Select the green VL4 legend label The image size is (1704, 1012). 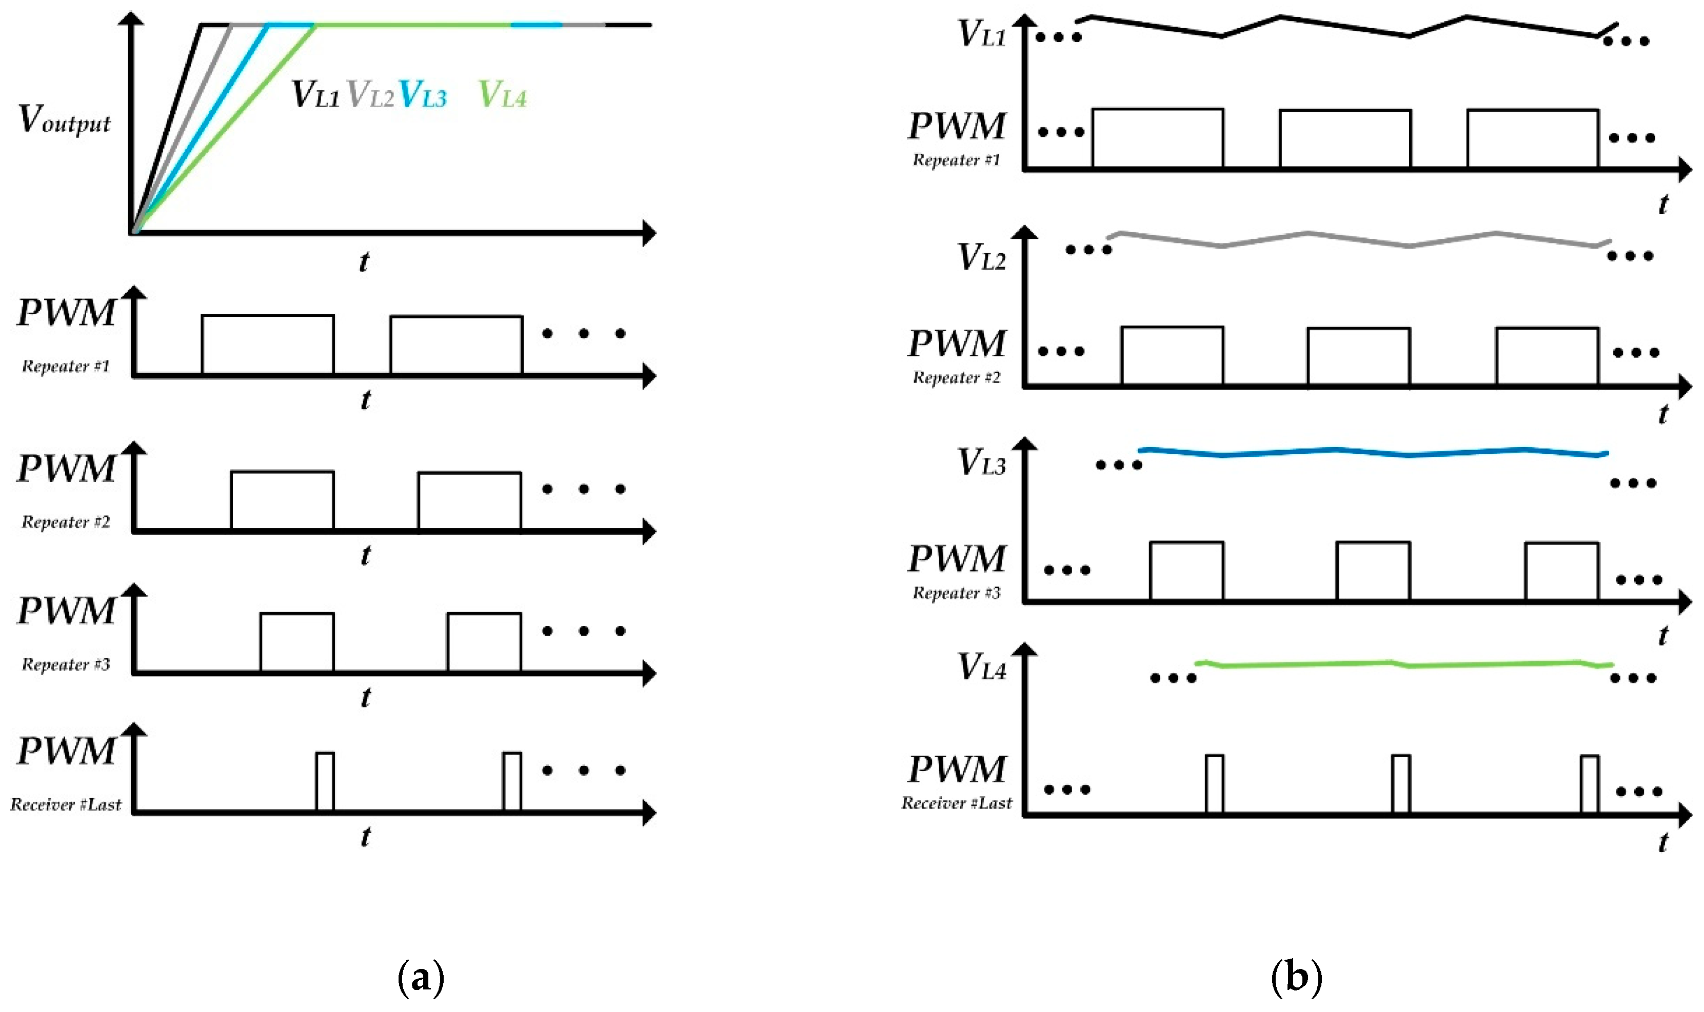[x=503, y=95]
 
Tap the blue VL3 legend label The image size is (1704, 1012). [x=422, y=95]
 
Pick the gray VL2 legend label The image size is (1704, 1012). [x=370, y=95]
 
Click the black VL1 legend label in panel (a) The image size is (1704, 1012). [x=315, y=95]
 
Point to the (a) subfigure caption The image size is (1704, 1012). [x=421, y=978]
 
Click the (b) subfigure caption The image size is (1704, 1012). [x=1296, y=978]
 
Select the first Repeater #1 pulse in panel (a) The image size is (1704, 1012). [x=267, y=345]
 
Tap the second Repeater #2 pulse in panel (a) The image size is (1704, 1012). [x=469, y=500]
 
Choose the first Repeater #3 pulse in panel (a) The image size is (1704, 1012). [x=296, y=642]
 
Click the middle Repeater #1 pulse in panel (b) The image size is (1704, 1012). [x=1344, y=138]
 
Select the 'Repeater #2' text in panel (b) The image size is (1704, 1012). [x=956, y=377]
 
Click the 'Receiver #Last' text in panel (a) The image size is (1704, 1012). [x=66, y=805]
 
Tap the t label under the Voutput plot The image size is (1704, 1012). [x=364, y=261]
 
